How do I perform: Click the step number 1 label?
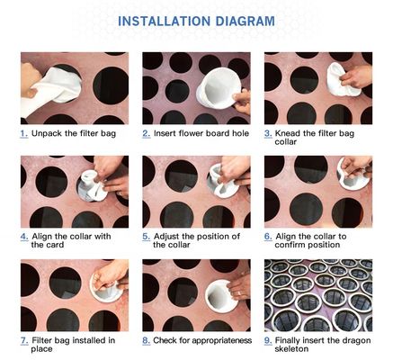tap(24, 133)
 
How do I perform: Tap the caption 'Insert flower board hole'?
tap(201, 133)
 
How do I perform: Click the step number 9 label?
tap(268, 341)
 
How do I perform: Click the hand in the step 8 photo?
tap(237, 286)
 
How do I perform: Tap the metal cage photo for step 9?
tap(317, 296)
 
